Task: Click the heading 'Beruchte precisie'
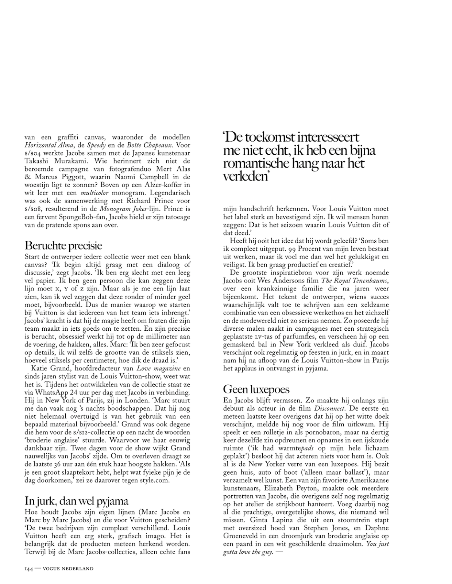[63, 245]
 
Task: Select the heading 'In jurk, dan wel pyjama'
[77, 500]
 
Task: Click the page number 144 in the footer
[29, 569]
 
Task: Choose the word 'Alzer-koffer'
[159, 185]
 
